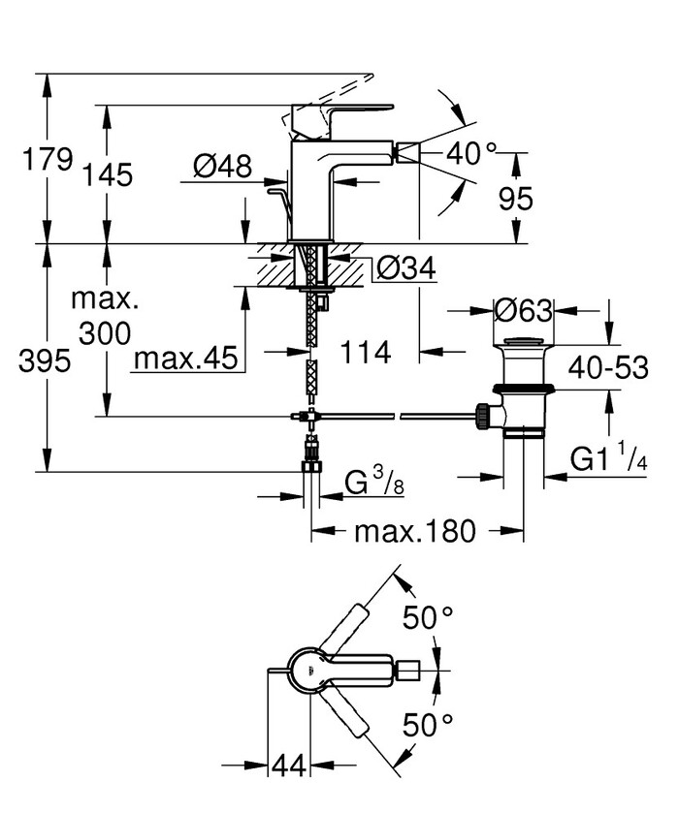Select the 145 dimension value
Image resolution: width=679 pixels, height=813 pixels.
pyautogui.click(x=107, y=175)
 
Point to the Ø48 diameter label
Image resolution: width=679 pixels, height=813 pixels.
pyautogui.click(x=222, y=167)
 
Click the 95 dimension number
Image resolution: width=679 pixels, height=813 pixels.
pyautogui.click(x=515, y=199)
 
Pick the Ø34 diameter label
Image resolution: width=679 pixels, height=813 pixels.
pyautogui.click(x=404, y=268)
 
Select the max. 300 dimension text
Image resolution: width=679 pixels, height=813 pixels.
pyautogui.click(x=103, y=316)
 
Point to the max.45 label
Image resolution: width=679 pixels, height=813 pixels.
pyautogui.click(x=186, y=359)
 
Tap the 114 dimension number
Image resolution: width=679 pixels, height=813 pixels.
pyautogui.click(x=368, y=353)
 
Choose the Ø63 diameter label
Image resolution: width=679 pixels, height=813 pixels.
pyautogui.click(x=523, y=310)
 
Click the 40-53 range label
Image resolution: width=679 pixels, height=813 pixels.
pyautogui.click(x=605, y=367)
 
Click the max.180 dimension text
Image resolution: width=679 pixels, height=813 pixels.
pyautogui.click(x=415, y=531)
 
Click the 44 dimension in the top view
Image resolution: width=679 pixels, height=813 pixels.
pyautogui.click(x=287, y=766)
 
